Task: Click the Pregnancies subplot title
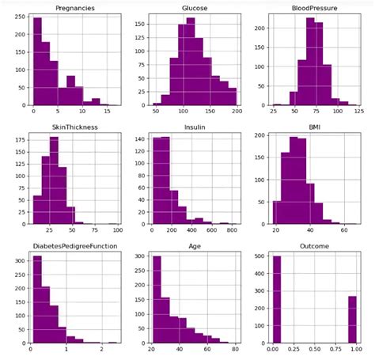click(x=74, y=8)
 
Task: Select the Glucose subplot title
click(x=195, y=8)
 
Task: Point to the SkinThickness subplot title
click(x=74, y=125)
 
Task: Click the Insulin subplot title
click(x=195, y=125)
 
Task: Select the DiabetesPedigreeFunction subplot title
click(x=74, y=243)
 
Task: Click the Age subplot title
click(x=195, y=243)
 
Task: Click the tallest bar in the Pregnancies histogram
click(x=37, y=63)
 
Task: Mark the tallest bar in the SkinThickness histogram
click(x=55, y=182)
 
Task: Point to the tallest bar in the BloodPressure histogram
click(x=310, y=63)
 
